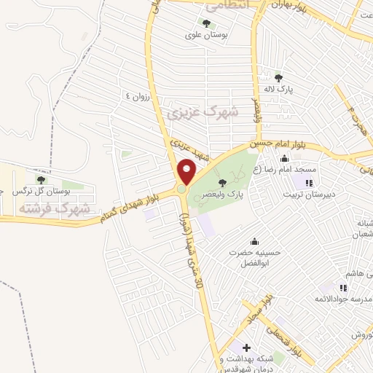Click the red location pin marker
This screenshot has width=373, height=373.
[186, 171]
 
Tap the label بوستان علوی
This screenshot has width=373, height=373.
[215, 34]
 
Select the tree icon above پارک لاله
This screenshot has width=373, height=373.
[278, 76]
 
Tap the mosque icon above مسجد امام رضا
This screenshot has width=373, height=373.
[284, 160]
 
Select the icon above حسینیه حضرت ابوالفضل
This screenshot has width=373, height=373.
[254, 242]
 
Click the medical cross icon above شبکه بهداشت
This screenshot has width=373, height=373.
[246, 348]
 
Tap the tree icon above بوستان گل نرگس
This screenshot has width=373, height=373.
[40, 178]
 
